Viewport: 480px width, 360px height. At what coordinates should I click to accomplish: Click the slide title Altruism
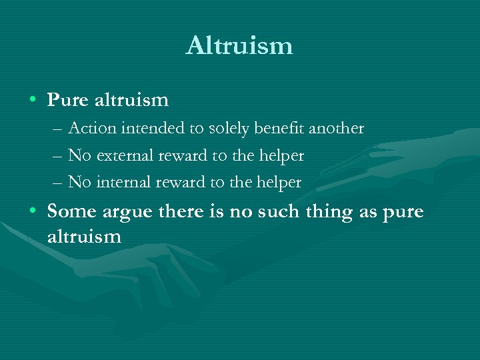point(239,45)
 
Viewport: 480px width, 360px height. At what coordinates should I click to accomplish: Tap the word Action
point(92,128)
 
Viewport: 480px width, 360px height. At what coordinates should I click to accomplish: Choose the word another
point(339,128)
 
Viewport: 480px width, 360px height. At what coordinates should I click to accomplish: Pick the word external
point(125,155)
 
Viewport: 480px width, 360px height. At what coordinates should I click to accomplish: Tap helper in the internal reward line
point(279,181)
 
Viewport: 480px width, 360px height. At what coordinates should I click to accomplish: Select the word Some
point(72,211)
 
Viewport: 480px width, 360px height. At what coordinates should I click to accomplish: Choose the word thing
point(339,213)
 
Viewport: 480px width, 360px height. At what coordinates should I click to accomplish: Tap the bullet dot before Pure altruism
point(33,100)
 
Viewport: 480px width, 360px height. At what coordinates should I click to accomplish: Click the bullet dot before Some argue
point(33,212)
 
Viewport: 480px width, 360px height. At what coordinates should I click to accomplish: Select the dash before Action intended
point(59,129)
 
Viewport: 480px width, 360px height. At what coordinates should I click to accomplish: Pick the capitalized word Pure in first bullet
point(68,100)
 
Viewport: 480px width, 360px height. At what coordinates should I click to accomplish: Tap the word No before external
point(80,155)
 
